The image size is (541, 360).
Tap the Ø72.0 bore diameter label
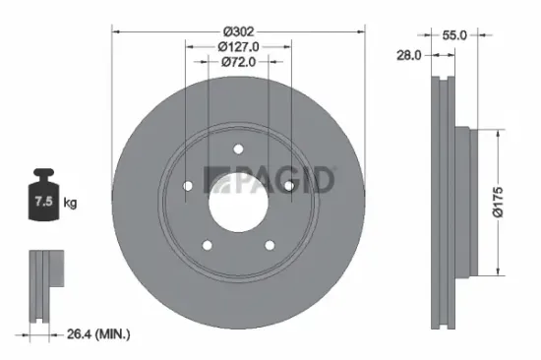tap(238, 61)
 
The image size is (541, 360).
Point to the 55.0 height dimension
tap(453, 34)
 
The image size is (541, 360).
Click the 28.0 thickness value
tap(409, 56)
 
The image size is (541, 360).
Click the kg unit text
tap(70, 203)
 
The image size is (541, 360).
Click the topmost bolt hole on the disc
tap(238, 150)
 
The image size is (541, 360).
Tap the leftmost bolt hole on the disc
tap(189, 185)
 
